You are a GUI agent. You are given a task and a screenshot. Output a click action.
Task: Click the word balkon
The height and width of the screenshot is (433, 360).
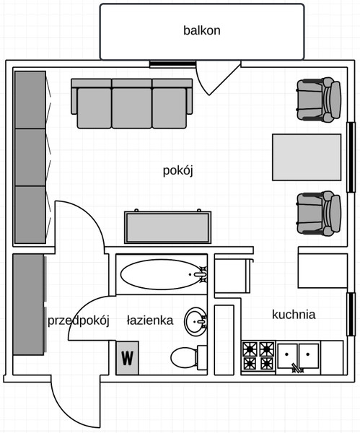pyautogui.click(x=202, y=30)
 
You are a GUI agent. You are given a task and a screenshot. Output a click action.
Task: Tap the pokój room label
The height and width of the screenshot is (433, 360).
pyautogui.click(x=177, y=170)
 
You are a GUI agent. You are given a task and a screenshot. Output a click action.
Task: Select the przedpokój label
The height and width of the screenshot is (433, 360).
pyautogui.click(x=79, y=321)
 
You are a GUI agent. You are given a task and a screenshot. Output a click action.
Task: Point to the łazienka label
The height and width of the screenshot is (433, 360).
pyautogui.click(x=150, y=320)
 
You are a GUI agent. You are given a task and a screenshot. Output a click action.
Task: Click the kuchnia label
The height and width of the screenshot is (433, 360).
pyautogui.click(x=294, y=315)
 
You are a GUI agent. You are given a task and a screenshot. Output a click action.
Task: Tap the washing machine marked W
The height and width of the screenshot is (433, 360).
pyautogui.click(x=127, y=358)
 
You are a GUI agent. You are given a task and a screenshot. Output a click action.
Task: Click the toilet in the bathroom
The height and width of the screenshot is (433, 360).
pyautogui.click(x=188, y=358)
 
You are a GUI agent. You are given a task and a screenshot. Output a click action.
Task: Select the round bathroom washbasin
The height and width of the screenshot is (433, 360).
pyautogui.click(x=196, y=322)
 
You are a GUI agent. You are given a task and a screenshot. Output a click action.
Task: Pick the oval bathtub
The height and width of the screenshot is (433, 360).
pyautogui.click(x=164, y=274)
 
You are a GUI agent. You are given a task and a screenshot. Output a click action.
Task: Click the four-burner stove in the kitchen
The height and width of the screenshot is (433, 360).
pyautogui.click(x=258, y=356)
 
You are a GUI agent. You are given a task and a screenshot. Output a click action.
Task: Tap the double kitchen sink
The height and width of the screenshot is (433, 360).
pyautogui.click(x=298, y=357)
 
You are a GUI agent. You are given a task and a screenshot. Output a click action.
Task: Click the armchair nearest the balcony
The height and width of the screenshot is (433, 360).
pyautogui.click(x=319, y=100)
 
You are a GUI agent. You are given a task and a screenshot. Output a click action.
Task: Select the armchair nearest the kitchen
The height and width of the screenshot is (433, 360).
pyautogui.click(x=319, y=213)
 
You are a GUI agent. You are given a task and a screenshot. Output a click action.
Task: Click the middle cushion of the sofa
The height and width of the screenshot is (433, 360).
pyautogui.click(x=132, y=108)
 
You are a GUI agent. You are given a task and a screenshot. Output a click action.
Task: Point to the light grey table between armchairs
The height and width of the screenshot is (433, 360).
pyautogui.click(x=307, y=157)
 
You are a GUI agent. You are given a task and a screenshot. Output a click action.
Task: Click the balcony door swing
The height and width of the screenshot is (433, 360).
pyautogui.click(x=218, y=79)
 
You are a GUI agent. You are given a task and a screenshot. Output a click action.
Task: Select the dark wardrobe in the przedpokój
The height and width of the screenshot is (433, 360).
pyautogui.click(x=29, y=305)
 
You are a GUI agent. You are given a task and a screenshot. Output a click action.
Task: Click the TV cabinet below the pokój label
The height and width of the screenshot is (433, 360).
pyautogui.click(x=168, y=227)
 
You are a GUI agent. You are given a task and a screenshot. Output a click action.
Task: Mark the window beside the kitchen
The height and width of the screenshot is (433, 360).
pyautogui.click(x=351, y=314)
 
